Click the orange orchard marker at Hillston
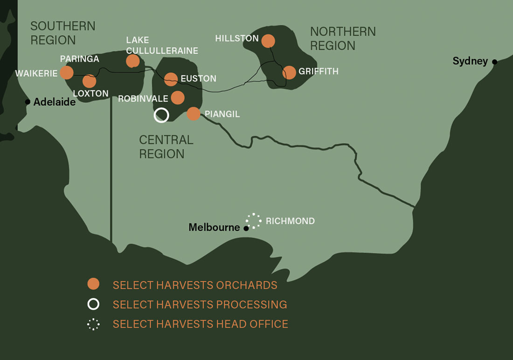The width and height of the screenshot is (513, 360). tap(268, 41)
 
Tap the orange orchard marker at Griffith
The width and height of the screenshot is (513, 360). tap(289, 72)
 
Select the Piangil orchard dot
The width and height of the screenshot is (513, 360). tap(194, 114)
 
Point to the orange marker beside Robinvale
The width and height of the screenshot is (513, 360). tap(178, 97)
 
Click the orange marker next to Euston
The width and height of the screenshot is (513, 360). tap(171, 79)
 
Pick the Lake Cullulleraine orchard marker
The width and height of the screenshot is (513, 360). tap(133, 61)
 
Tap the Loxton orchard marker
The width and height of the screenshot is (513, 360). tap(89, 81)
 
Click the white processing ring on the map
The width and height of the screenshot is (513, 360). tap(161, 115)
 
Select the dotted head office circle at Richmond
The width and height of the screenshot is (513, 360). tap(254, 221)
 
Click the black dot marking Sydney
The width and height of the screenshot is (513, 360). tap(494, 62)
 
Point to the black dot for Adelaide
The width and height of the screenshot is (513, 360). tap(28, 102)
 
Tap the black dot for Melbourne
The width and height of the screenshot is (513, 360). tap(246, 228)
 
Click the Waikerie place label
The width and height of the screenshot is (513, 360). tap(36, 74)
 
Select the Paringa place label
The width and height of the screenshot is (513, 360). tap(79, 59)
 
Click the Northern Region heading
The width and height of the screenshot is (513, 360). tap(343, 39)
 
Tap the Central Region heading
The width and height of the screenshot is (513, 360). tap(166, 146)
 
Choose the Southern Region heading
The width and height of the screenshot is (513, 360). tap(63, 33)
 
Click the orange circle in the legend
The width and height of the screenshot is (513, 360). tap(93, 284)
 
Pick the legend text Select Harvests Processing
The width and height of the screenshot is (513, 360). tap(200, 305)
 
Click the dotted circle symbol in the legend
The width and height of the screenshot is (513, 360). tap(93, 324)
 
